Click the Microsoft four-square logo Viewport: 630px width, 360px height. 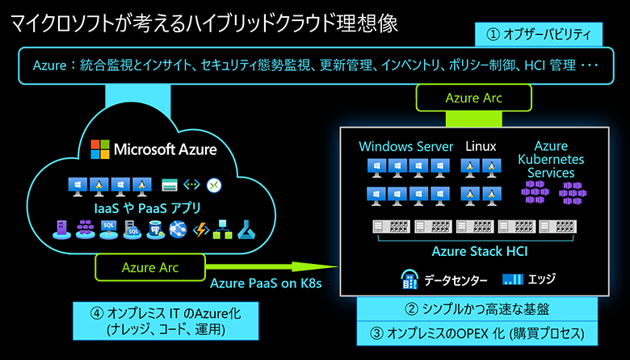coord(99,149)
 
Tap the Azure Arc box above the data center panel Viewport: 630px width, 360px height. coord(473,98)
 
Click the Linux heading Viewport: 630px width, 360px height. coord(481,147)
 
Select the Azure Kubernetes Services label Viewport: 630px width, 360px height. coord(551,159)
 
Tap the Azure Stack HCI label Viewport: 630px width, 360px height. coord(480,251)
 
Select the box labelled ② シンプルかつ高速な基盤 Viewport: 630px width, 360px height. coord(477,308)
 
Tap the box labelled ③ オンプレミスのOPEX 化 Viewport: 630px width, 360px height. coord(477,333)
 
